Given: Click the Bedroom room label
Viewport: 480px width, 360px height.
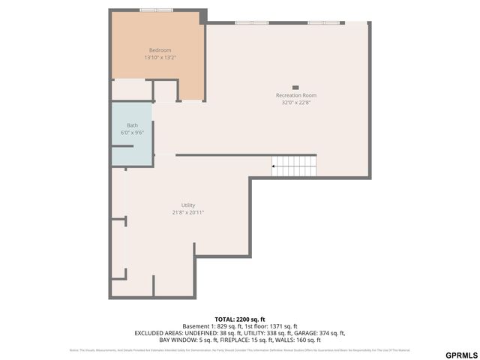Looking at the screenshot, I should pyautogui.click(x=160, y=50).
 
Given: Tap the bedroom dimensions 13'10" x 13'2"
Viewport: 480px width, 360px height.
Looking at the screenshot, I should pyautogui.click(x=160, y=57).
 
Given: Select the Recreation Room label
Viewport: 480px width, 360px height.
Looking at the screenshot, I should pyautogui.click(x=295, y=95).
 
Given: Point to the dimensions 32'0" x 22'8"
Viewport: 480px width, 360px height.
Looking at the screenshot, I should pyautogui.click(x=295, y=102).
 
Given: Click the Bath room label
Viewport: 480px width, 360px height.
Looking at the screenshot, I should pyautogui.click(x=132, y=125).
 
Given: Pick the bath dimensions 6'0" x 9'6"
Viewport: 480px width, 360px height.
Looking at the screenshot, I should pyautogui.click(x=132, y=132).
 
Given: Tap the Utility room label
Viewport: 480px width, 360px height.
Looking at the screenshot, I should pyautogui.click(x=187, y=205).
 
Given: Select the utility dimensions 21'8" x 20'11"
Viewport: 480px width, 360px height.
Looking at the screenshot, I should pyautogui.click(x=187, y=212).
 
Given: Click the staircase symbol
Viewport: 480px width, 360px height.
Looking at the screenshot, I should pyautogui.click(x=294, y=165).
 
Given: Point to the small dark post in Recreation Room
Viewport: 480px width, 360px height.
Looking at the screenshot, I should pyautogui.click(x=295, y=87).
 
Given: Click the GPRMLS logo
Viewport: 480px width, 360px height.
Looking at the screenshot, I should pyautogui.click(x=460, y=354).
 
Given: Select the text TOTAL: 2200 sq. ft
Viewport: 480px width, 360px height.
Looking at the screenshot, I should pyautogui.click(x=239, y=319).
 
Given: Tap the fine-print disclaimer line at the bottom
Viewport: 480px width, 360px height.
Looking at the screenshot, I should pyautogui.click(x=239, y=349).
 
